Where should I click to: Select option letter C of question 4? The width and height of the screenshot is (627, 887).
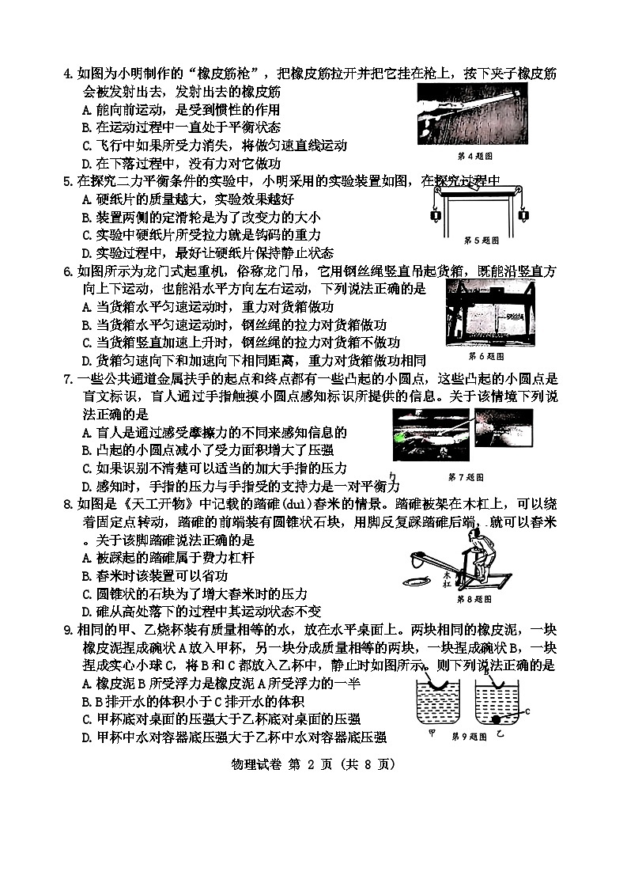pyautogui.click(x=86, y=146)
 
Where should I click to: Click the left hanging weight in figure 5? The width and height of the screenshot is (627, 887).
pyautogui.click(x=434, y=216)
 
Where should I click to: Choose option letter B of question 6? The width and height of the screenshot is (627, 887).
pyautogui.click(x=86, y=324)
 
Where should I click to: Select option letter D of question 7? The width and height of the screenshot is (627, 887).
pyautogui.click(x=86, y=485)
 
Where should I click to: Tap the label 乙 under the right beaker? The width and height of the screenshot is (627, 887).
pyautogui.click(x=499, y=735)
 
